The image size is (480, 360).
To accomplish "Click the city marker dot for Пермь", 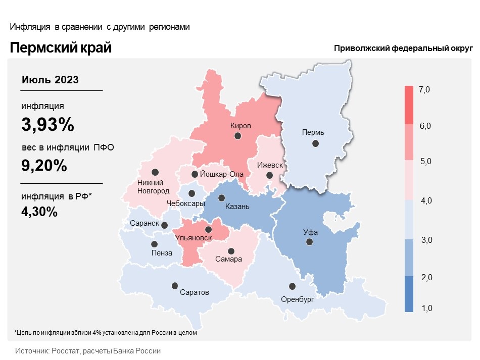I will (x=316, y=143).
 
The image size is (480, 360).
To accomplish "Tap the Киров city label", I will (x=241, y=126).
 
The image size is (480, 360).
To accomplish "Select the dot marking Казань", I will (x=221, y=198).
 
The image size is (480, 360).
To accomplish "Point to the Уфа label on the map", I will (x=310, y=233).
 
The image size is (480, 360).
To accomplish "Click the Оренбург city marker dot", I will (x=292, y=286).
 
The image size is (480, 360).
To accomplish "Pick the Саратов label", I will (x=195, y=292).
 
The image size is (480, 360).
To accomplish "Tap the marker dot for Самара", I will (x=231, y=251).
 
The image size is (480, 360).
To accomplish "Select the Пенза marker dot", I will (x=154, y=244).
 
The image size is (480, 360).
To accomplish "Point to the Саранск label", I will (x=145, y=224).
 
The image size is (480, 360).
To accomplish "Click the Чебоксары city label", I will (x=185, y=203).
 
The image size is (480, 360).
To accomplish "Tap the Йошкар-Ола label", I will (x=222, y=174).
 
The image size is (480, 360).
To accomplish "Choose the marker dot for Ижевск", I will (x=269, y=175).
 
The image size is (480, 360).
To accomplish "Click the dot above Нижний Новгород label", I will (x=155, y=172).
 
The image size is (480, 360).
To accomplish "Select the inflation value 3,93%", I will (x=47, y=124).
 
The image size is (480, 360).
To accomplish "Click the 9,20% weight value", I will (x=44, y=165).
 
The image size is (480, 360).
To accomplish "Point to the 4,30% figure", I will (x=39, y=212).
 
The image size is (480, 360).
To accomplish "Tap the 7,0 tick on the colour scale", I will (x=424, y=90).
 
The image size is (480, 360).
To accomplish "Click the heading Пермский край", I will (x=61, y=48).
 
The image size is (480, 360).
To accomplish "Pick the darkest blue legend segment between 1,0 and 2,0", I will (x=409, y=294).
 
